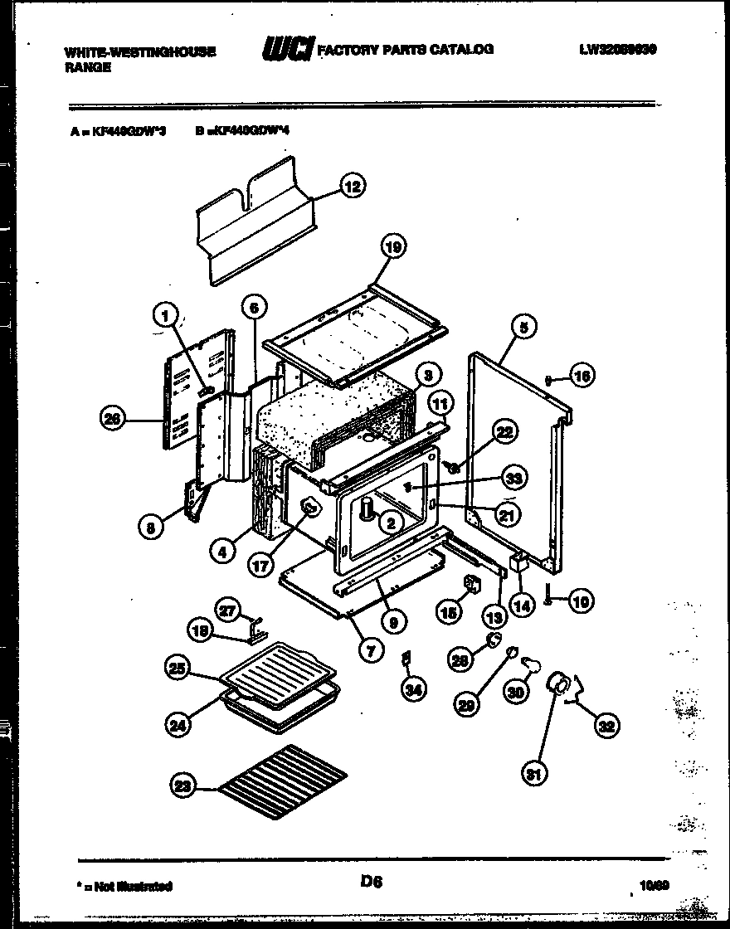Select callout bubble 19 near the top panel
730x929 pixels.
(x=394, y=246)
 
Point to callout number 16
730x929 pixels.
(x=582, y=377)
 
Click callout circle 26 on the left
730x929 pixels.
(x=111, y=420)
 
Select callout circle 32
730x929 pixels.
(x=607, y=727)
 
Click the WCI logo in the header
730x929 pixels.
(x=287, y=51)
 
